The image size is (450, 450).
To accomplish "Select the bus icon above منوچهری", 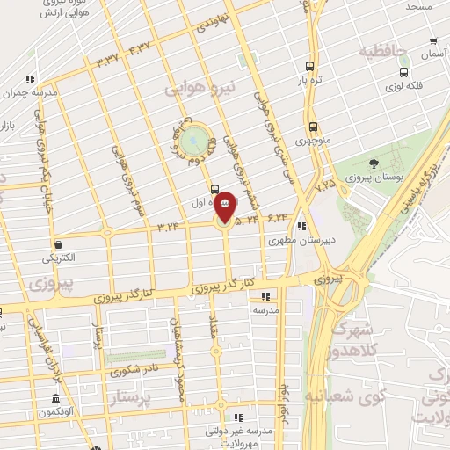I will [x=313, y=126].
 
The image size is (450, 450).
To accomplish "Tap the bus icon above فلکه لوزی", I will [x=403, y=72].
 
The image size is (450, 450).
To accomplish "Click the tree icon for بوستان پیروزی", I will [x=374, y=163].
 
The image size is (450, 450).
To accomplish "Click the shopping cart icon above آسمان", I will [x=433, y=40].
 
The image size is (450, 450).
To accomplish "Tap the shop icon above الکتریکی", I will [x=58, y=245].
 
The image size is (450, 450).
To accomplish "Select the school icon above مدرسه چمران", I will [x=32, y=79].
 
